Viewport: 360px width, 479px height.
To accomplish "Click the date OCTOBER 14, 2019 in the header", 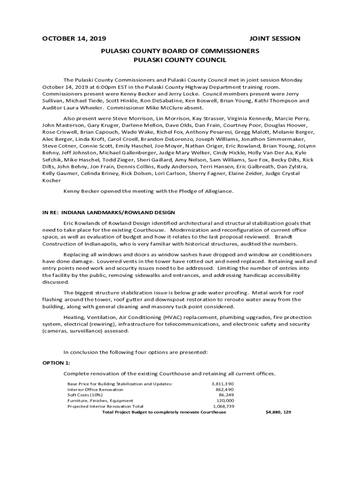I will (74, 38).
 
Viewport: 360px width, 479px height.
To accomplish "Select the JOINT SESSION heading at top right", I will (275, 38).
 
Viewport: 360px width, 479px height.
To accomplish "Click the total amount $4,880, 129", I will (278, 412).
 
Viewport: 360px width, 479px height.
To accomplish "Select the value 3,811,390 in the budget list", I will (223, 384).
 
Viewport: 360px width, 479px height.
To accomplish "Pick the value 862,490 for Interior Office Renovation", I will (224, 389).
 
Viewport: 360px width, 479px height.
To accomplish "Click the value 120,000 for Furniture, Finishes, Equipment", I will (225, 400).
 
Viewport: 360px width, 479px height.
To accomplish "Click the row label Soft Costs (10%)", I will (85, 395).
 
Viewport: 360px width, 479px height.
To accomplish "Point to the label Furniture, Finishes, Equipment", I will (100, 400).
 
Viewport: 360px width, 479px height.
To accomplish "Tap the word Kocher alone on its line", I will (51, 180).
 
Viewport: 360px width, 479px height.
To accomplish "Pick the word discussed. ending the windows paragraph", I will (56, 282).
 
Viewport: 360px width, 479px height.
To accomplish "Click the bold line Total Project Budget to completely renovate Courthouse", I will (164, 412).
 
